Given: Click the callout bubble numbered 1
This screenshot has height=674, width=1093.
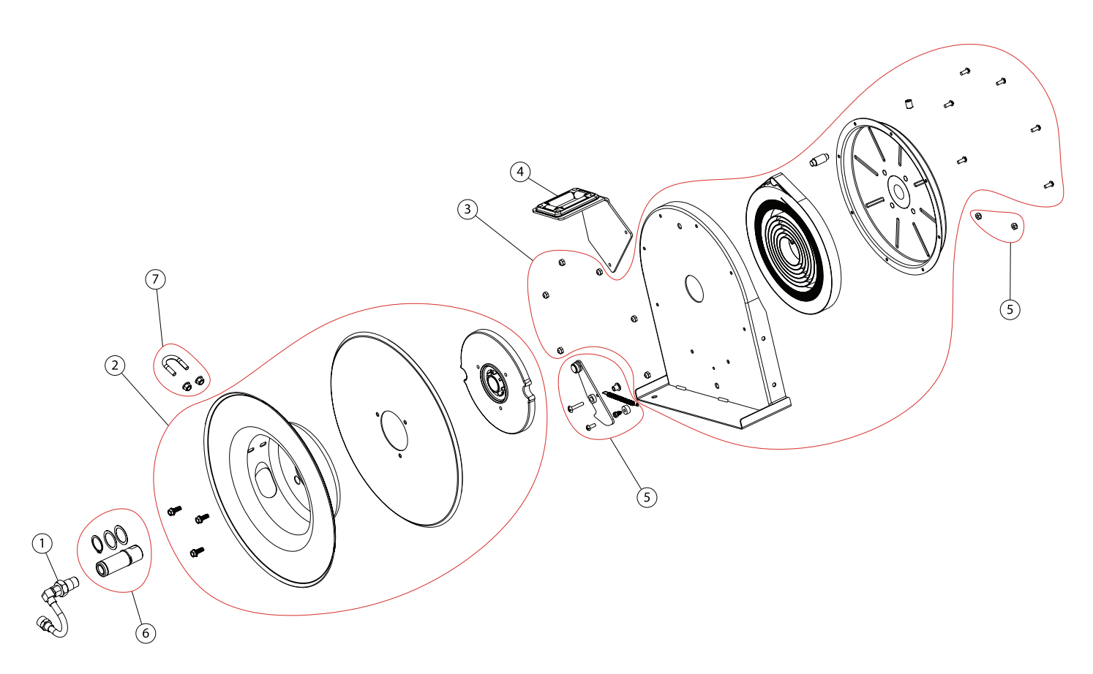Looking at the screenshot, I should click(x=42, y=543).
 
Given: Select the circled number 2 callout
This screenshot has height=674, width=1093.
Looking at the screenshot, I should click(x=115, y=366).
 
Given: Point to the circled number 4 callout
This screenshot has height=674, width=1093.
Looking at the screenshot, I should click(x=520, y=172).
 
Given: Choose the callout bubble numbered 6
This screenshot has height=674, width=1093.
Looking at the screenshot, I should click(x=146, y=632).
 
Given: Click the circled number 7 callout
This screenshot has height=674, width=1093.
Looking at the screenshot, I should click(x=155, y=279).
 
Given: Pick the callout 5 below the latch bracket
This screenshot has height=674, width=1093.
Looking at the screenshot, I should click(x=647, y=497).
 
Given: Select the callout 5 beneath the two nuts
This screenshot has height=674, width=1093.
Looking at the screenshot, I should click(x=1010, y=309).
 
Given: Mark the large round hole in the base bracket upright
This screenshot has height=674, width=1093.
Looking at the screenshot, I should click(x=694, y=289).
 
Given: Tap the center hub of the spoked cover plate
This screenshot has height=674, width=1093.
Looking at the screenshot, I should click(x=898, y=192).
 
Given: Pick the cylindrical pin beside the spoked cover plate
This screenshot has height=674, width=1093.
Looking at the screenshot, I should click(x=817, y=160).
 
